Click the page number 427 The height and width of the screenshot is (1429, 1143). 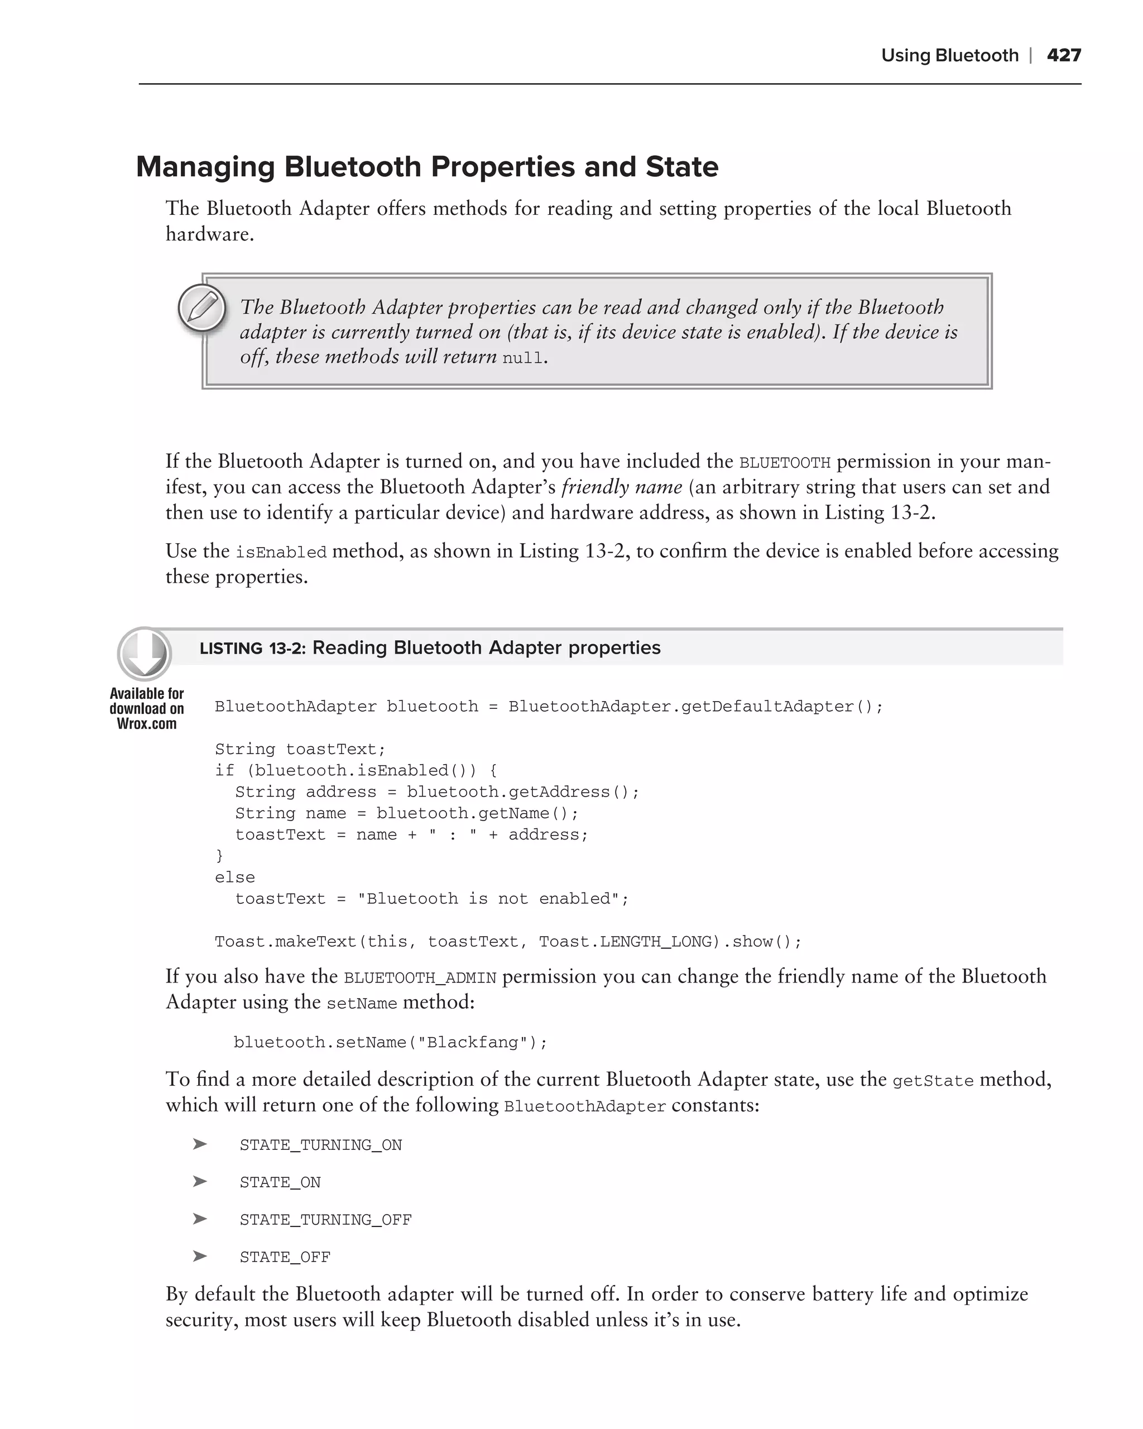(1064, 55)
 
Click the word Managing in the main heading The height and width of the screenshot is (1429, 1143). (205, 167)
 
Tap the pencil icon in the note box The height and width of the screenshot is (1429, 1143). (202, 308)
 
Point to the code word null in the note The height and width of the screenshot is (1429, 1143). (522, 358)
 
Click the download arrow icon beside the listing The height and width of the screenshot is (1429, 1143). (145, 654)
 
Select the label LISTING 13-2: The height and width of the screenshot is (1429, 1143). (252, 648)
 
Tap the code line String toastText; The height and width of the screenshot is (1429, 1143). (300, 749)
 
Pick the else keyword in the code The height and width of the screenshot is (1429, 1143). (234, 877)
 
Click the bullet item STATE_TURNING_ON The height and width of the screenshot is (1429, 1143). (321, 1145)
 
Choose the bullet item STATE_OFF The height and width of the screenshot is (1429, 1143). (285, 1257)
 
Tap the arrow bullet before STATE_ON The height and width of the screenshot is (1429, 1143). (199, 1182)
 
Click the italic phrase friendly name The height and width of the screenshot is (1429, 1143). (622, 487)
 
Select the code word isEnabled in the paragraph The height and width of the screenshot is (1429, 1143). (281, 552)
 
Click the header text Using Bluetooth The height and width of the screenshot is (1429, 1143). (949, 55)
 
